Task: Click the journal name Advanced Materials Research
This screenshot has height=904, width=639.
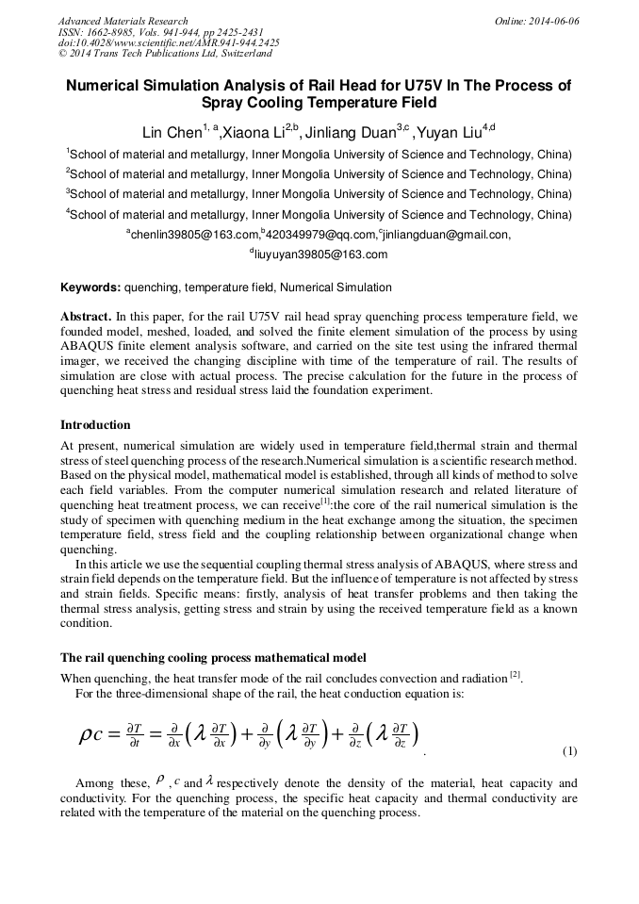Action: [x=123, y=21]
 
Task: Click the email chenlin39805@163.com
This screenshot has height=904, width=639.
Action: [x=194, y=235]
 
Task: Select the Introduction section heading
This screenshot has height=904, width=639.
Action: [x=95, y=425]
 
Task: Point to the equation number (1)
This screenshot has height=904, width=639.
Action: [x=569, y=751]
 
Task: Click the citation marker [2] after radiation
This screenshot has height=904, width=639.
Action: [x=515, y=674]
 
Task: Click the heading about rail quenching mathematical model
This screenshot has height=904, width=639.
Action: [x=213, y=657]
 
